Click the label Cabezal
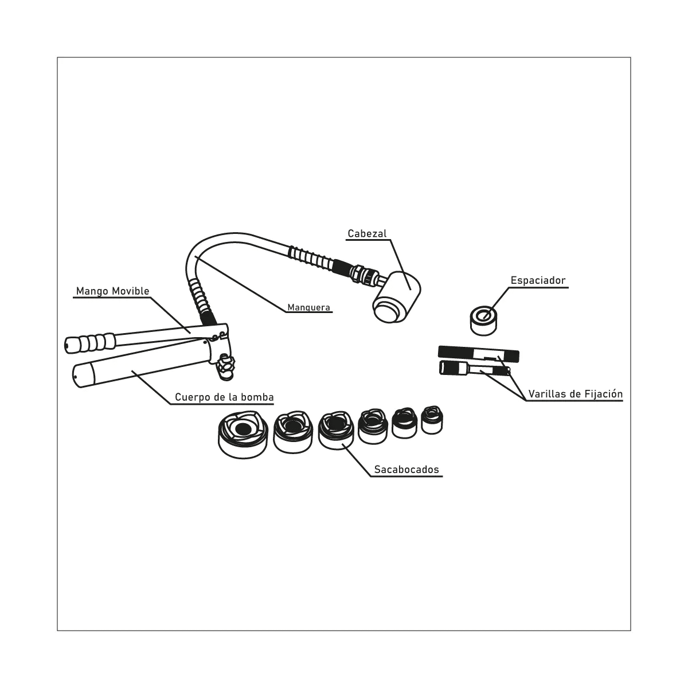(367, 233)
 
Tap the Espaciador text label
(538, 280)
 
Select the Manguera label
(308, 307)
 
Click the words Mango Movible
(112, 291)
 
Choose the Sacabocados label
(406, 470)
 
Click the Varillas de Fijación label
(575, 394)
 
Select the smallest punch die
(432, 420)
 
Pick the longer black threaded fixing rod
(478, 353)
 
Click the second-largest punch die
(292, 431)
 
